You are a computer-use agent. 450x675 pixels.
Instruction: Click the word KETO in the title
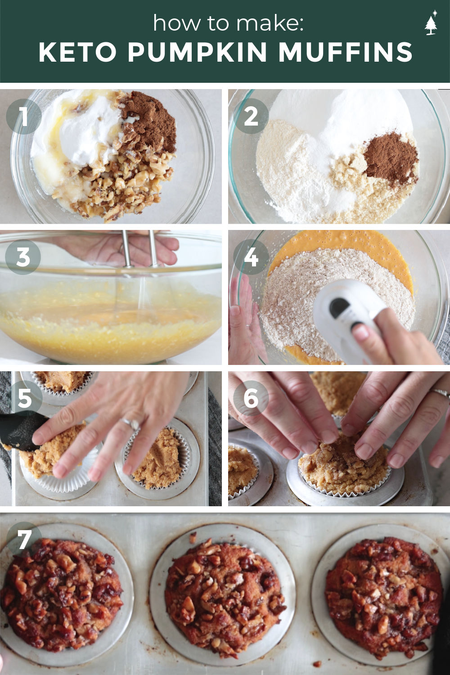tap(77, 53)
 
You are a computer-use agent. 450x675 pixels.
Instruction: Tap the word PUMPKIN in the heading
tap(197, 53)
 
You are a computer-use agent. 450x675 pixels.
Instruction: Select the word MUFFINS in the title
tap(345, 53)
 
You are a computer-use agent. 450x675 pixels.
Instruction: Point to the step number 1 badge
tap(23, 116)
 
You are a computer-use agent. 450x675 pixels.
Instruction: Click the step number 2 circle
tap(251, 116)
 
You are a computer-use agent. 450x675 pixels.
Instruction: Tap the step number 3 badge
tap(23, 257)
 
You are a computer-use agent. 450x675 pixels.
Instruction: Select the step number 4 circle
tap(251, 257)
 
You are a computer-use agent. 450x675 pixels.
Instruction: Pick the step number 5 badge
tap(25, 398)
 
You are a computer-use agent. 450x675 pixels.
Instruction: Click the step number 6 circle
tap(251, 398)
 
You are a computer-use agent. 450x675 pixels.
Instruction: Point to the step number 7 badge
tap(24, 539)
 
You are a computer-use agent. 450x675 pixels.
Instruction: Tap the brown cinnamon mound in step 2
tap(391, 157)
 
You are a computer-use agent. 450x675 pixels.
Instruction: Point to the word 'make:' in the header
tap(270, 23)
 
